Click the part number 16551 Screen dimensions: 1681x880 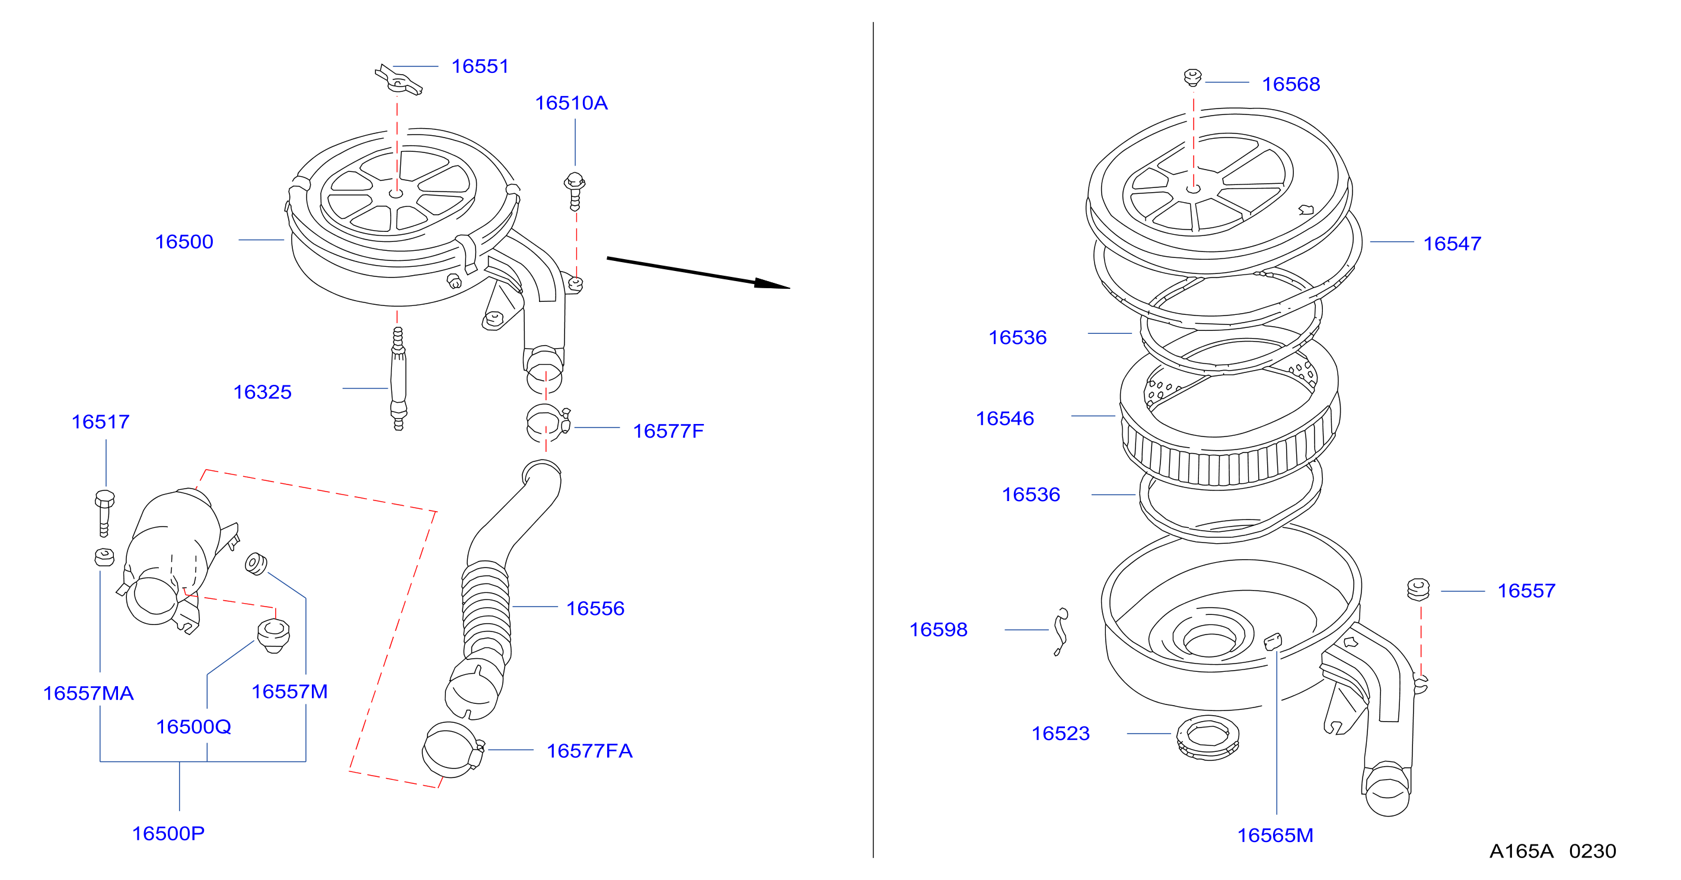480,66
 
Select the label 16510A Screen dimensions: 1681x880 571,103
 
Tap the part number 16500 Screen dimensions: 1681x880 184,242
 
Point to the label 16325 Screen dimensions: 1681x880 262,393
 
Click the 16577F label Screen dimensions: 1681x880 668,432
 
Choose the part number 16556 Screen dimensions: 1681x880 595,609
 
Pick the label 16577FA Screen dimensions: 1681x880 589,751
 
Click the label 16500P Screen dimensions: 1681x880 168,834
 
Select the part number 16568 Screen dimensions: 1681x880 1291,85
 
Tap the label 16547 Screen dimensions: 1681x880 1452,244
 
